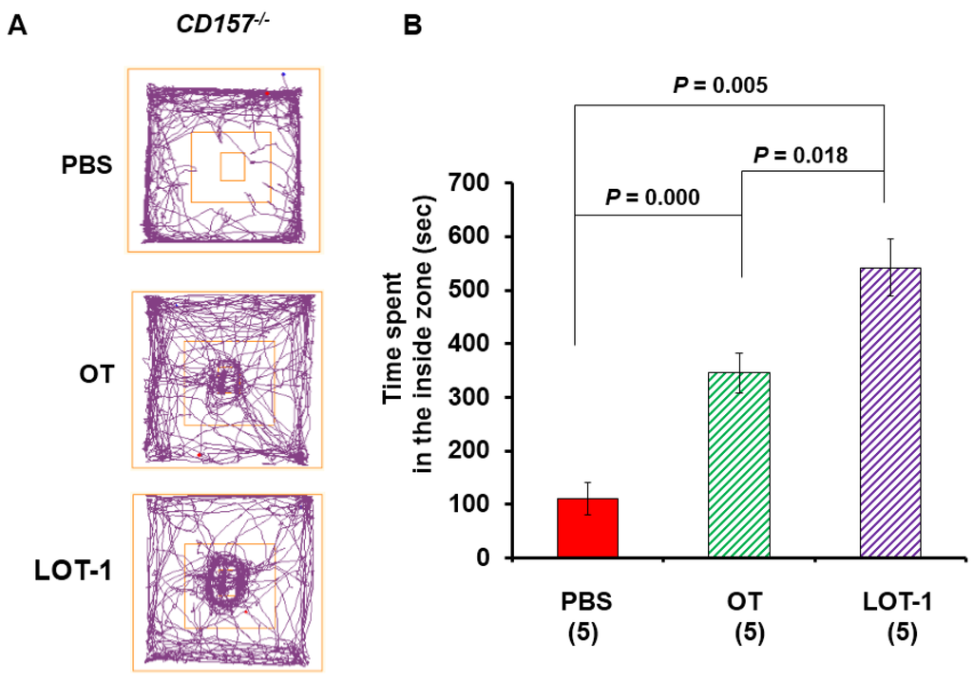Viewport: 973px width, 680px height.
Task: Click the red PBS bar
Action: (587, 528)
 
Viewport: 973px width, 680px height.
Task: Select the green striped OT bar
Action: (738, 464)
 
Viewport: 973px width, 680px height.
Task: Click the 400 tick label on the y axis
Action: (486, 344)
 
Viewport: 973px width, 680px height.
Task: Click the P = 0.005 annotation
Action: (719, 86)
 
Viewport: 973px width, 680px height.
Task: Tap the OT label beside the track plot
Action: (97, 374)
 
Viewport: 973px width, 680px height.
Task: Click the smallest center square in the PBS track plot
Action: (232, 167)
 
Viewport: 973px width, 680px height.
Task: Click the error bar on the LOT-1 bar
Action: (890, 267)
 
